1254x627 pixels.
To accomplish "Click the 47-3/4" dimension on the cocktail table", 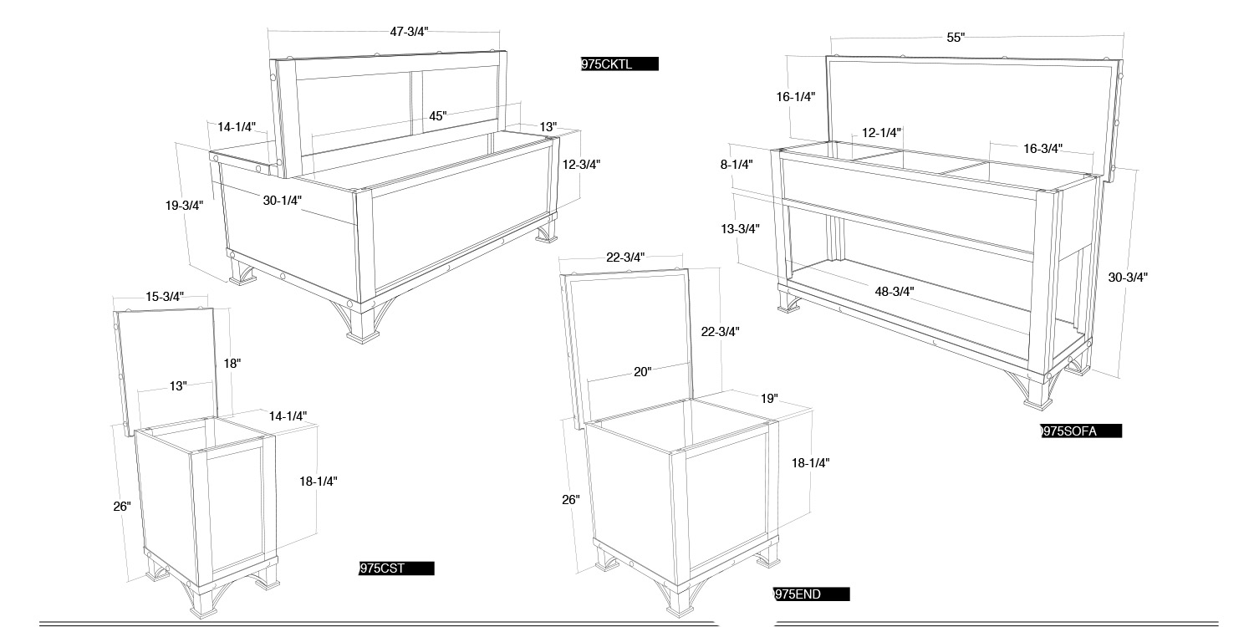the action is [410, 32].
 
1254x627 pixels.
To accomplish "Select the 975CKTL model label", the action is [619, 64].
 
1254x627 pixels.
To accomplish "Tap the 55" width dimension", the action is [956, 38].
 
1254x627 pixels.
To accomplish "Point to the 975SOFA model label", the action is [1081, 431].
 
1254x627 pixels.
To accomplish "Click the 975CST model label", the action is [396, 568].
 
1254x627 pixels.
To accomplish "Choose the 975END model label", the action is [811, 594].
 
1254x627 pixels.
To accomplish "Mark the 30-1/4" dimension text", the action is [283, 201].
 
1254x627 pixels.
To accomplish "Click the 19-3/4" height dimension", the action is [184, 206].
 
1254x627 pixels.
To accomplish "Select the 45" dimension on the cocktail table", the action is [438, 116].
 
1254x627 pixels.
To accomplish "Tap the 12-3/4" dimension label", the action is [581, 165].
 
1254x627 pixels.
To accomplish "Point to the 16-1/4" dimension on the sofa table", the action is [796, 97].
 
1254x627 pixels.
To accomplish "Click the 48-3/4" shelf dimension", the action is [895, 292].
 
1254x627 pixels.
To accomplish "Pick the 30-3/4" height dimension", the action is [1128, 277].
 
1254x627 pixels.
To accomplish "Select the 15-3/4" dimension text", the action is [165, 297].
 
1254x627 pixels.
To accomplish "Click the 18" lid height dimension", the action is [232, 364].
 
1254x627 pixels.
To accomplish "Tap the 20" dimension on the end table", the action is [643, 372].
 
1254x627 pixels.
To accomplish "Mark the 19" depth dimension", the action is [769, 399].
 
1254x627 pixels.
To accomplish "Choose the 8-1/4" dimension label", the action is [737, 165].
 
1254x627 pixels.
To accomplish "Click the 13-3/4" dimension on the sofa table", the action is [740, 229].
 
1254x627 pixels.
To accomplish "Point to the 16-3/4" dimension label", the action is [1043, 149].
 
